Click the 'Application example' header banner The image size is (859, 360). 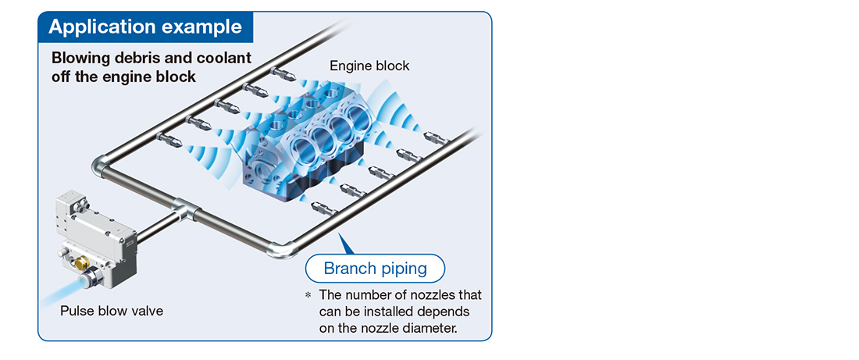click(x=146, y=27)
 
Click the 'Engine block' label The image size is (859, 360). click(x=369, y=66)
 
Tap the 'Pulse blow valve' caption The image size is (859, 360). click(x=112, y=312)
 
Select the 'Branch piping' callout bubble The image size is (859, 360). click(x=376, y=269)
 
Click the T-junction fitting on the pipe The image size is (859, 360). click(x=183, y=209)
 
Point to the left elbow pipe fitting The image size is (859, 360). click(x=102, y=166)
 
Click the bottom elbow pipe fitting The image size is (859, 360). click(x=280, y=250)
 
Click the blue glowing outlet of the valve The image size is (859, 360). click(x=85, y=281)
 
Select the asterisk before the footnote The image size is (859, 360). click(x=308, y=296)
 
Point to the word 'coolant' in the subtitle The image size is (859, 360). click(x=224, y=58)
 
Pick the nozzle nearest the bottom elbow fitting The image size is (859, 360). click(x=323, y=209)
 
